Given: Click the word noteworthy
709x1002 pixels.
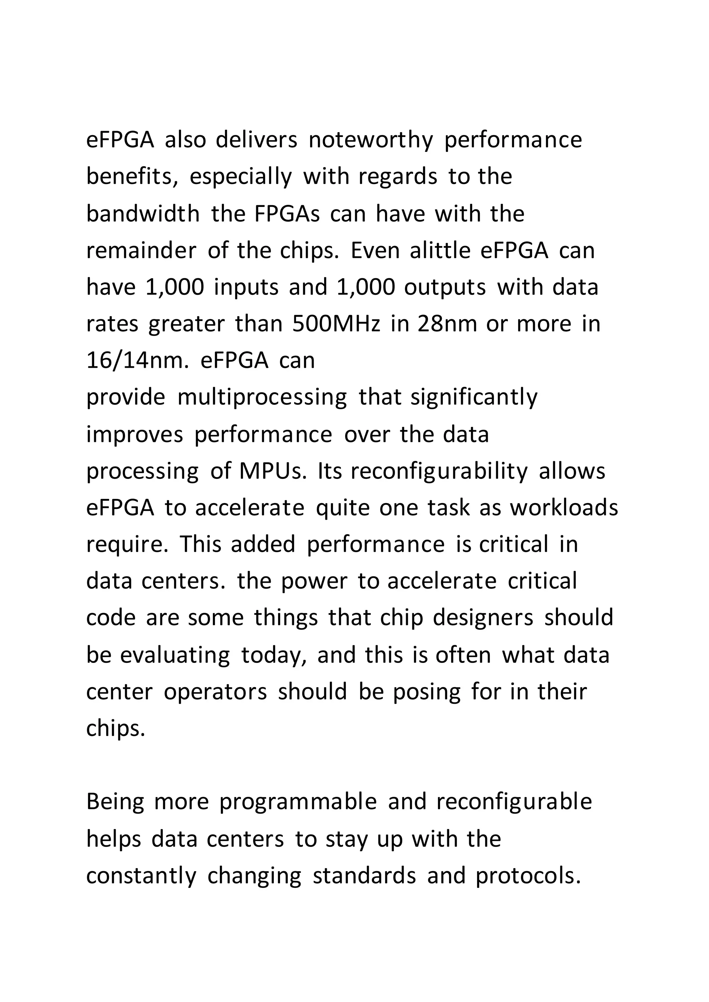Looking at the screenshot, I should tap(371, 140).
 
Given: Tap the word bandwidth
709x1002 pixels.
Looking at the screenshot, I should tap(143, 214).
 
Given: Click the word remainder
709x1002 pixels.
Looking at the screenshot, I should tap(141, 250).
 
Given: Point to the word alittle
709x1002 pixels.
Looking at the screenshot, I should tap(440, 250).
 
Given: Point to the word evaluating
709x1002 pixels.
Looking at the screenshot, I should tap(174, 655).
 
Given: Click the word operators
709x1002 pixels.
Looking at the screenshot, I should tap(215, 692).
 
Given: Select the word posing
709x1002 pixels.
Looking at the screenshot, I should tap(427, 692).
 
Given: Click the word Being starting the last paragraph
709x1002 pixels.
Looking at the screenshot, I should tap(115, 802).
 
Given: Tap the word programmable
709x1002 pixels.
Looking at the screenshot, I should tap(298, 802).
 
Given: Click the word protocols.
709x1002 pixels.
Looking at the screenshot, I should tap(528, 875).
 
